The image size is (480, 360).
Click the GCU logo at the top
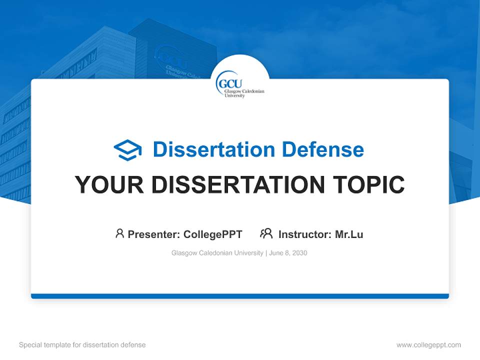pyautogui.click(x=239, y=83)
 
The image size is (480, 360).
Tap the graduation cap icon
pyautogui.click(x=127, y=149)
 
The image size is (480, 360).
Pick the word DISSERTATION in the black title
pyautogui.click(x=238, y=185)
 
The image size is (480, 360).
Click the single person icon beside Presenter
pyautogui.click(x=119, y=233)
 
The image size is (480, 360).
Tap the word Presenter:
pyautogui.click(x=154, y=234)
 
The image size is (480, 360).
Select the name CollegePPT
pyautogui.click(x=213, y=234)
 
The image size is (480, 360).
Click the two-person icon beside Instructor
pyautogui.click(x=266, y=233)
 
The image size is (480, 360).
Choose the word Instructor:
pyautogui.click(x=305, y=234)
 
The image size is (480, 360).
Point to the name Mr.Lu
pyautogui.click(x=349, y=234)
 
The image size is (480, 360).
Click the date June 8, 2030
pyautogui.click(x=288, y=253)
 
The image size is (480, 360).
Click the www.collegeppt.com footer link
pyautogui.click(x=428, y=345)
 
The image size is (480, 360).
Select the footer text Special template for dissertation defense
pyautogui.click(x=82, y=345)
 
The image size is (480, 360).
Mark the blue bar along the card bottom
pyautogui.click(x=240, y=296)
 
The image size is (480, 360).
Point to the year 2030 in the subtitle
pyautogui.click(x=299, y=253)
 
